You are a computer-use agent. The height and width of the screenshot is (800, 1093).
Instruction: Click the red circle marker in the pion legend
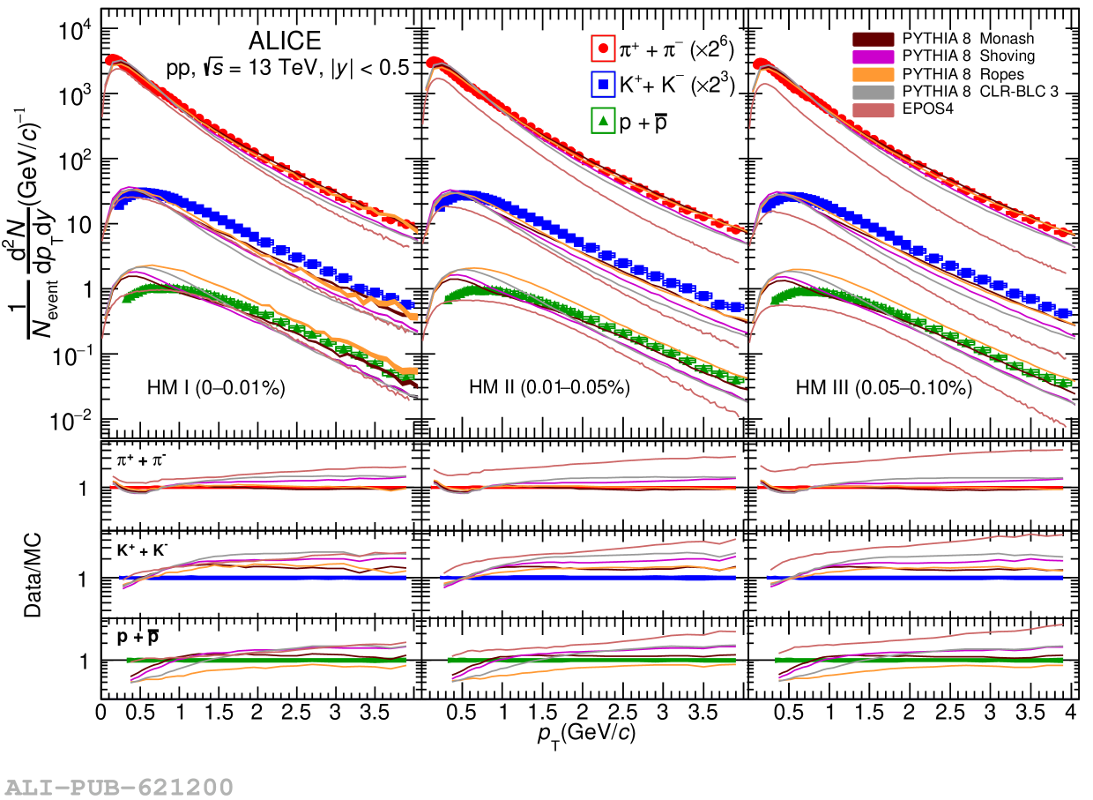pyautogui.click(x=603, y=49)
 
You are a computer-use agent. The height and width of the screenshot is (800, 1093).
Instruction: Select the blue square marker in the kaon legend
pyautogui.click(x=603, y=85)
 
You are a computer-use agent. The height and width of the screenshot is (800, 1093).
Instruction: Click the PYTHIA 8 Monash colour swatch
pyautogui.click(x=873, y=39)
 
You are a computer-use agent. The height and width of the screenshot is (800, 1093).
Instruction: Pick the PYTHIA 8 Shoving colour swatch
pyautogui.click(x=873, y=56)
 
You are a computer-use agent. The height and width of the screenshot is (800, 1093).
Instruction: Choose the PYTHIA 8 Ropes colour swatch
pyautogui.click(x=873, y=73)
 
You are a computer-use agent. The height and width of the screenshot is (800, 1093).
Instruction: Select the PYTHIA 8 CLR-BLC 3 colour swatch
pyautogui.click(x=873, y=91)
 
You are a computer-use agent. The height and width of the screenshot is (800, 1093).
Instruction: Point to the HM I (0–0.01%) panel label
pyautogui.click(x=215, y=387)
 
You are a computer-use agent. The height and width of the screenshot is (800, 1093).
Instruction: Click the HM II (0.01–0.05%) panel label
pyautogui.click(x=548, y=387)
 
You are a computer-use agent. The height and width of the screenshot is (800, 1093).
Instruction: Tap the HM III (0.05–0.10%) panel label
pyautogui.click(x=884, y=387)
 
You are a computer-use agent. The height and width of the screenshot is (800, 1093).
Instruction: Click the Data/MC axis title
pyautogui.click(x=33, y=572)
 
